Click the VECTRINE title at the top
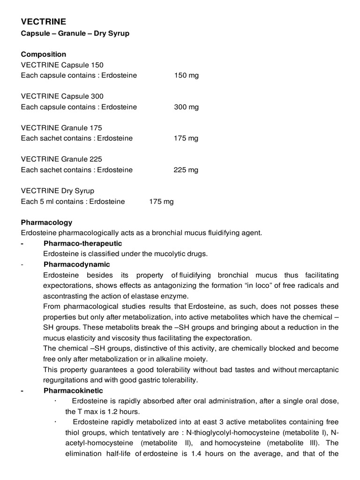click(x=44, y=22)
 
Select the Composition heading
click(x=44, y=54)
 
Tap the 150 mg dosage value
click(x=186, y=75)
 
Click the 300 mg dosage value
click(x=186, y=107)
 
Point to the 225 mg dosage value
click(x=186, y=170)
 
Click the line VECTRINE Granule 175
click(x=61, y=127)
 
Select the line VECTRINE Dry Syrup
click(x=58, y=191)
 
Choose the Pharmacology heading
click(x=46, y=222)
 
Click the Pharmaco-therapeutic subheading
click(x=82, y=243)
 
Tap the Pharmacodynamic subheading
click(x=76, y=264)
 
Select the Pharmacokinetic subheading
click(x=73, y=390)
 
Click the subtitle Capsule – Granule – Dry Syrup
click(x=75, y=34)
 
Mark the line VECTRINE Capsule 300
click(x=62, y=96)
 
